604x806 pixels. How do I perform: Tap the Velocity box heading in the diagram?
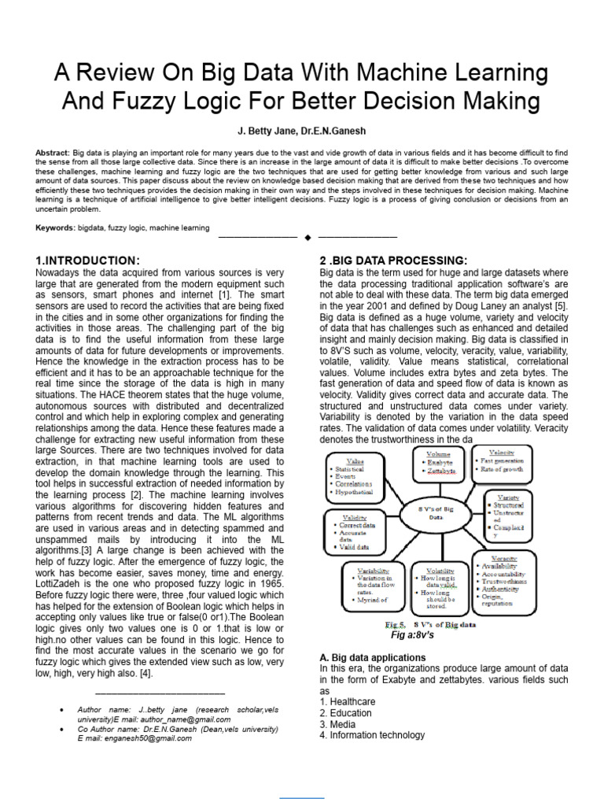pyautogui.click(x=501, y=453)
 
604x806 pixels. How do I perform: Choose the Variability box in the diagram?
pyautogui.click(x=372, y=586)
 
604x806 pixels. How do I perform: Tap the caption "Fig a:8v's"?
pyautogui.click(x=412, y=634)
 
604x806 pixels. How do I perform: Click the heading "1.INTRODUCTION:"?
pyautogui.click(x=88, y=261)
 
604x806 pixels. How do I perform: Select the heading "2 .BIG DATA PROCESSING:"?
pyautogui.click(x=392, y=261)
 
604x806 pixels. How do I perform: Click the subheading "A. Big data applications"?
pyautogui.click(x=373, y=657)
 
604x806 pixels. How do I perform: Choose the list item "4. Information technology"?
pyautogui.click(x=372, y=735)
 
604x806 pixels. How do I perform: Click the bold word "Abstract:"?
pyautogui.click(x=53, y=152)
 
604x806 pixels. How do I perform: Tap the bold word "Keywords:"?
pyautogui.click(x=54, y=227)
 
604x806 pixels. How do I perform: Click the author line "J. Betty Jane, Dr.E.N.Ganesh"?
pyautogui.click(x=302, y=131)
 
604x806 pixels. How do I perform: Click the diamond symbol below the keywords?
pyautogui.click(x=308, y=237)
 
